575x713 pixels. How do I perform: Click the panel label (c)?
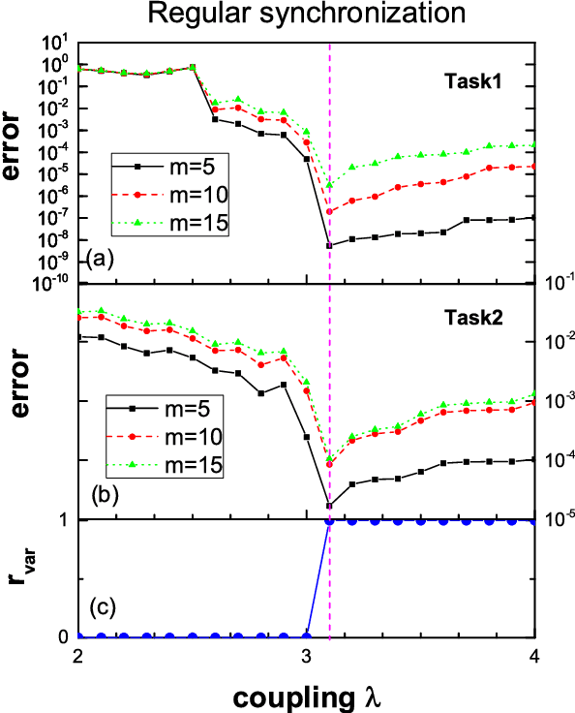(x=102, y=608)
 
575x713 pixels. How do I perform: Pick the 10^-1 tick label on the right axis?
(x=557, y=282)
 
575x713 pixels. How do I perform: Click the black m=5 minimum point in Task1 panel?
(x=329, y=246)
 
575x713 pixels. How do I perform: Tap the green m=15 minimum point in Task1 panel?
(x=329, y=184)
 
